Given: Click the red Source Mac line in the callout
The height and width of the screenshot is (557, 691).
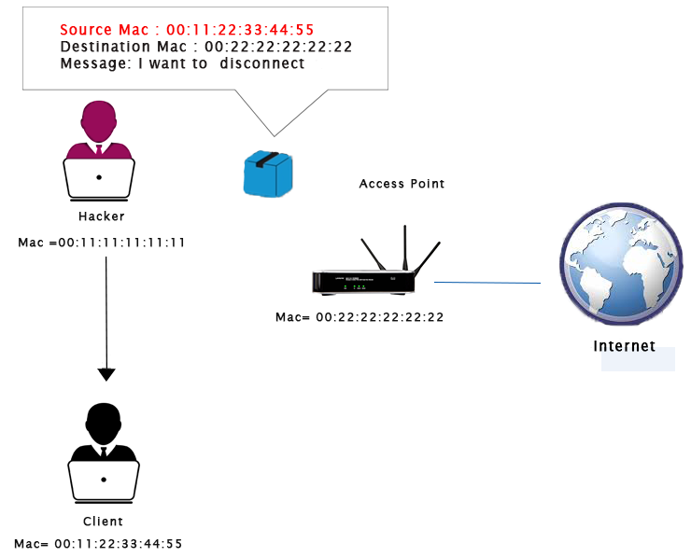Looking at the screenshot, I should click(187, 29).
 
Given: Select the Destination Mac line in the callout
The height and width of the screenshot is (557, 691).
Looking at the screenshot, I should click(205, 47).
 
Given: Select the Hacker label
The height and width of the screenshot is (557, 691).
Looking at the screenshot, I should click(102, 216).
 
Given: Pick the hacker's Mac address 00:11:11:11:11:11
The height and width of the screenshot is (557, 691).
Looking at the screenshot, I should click(102, 243).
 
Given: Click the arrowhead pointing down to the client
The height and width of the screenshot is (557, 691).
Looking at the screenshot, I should click(106, 374).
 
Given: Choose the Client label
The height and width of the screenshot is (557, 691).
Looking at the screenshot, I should click(103, 522).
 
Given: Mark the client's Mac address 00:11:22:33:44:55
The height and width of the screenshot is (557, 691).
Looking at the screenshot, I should click(98, 543).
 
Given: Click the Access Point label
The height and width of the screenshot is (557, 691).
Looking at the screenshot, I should click(402, 184).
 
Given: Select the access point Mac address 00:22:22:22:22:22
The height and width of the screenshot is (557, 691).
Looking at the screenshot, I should click(360, 317).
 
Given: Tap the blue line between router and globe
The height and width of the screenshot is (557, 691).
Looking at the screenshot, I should click(487, 282).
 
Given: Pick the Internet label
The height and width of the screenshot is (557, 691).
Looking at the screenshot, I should click(625, 347).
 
